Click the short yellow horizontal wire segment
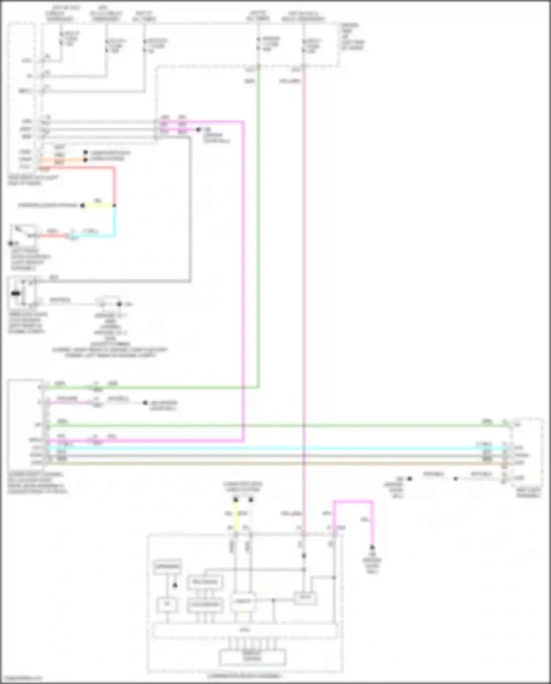pyautogui.click(x=98, y=205)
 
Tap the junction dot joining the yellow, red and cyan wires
pyautogui.click(x=114, y=205)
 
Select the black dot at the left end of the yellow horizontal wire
pyautogui.click(x=83, y=205)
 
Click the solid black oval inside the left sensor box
pyautogui.click(x=16, y=293)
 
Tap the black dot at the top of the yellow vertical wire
pyautogui.click(x=235, y=500)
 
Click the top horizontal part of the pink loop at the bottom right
pyautogui.click(x=353, y=501)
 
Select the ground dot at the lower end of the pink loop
pyautogui.click(x=372, y=547)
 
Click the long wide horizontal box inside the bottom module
pyautogui.click(x=244, y=631)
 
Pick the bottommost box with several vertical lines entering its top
pyautogui.click(x=252, y=658)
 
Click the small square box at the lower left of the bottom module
pyautogui.click(x=167, y=605)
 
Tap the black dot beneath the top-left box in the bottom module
pyautogui.click(x=175, y=585)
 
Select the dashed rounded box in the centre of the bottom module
pyautogui.click(x=243, y=602)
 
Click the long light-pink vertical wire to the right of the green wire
pyautogui.click(x=304, y=257)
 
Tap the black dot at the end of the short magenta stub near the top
pyautogui.click(x=198, y=129)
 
